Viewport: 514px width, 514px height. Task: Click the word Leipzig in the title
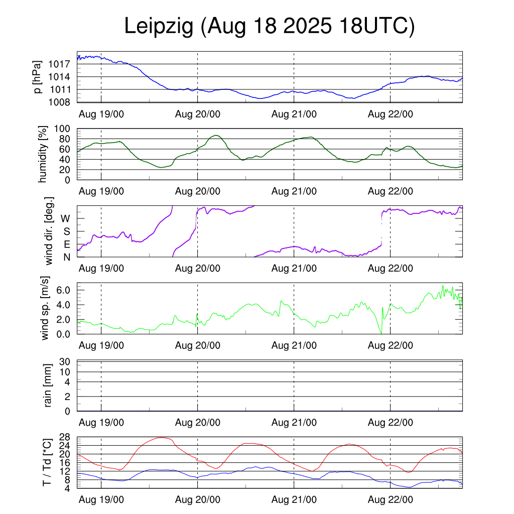click(x=159, y=27)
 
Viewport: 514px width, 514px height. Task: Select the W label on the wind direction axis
click(x=66, y=218)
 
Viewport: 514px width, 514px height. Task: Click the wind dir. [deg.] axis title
click(x=49, y=231)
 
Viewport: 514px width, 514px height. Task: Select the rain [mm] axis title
click(x=48, y=385)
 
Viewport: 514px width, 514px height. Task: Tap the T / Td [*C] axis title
click(x=47, y=462)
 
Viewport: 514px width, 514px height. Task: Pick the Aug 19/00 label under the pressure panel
click(x=101, y=114)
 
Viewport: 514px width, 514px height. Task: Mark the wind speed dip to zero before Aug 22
click(x=381, y=333)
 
